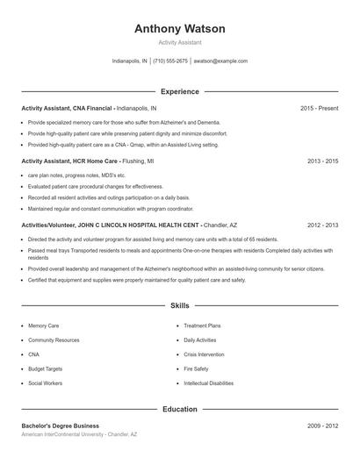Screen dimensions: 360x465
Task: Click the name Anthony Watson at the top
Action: [179, 29]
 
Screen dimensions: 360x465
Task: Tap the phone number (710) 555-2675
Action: [170, 61]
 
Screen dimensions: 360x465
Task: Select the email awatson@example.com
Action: [220, 61]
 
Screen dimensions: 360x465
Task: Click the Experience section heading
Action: [179, 91]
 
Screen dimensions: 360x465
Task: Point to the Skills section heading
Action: [179, 306]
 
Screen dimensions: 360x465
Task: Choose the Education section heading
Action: [179, 410]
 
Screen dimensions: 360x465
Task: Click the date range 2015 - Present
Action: [319, 108]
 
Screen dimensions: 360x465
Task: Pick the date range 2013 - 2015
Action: [322, 161]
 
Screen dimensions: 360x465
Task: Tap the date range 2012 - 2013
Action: [322, 225]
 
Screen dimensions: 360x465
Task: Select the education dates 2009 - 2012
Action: [322, 426]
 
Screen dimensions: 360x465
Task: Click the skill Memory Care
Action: [43, 325]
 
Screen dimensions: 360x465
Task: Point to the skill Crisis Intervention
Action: [204, 354]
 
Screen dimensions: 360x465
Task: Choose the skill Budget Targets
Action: [45, 368]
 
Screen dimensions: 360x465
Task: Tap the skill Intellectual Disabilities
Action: [208, 383]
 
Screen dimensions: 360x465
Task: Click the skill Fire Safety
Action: [196, 368]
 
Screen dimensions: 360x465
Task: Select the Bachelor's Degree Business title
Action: [60, 426]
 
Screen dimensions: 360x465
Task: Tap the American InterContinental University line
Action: [80, 435]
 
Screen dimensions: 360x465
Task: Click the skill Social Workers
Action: [45, 383]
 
